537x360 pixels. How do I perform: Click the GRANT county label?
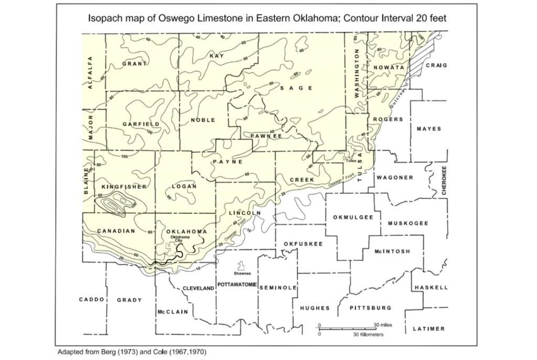coord(134,63)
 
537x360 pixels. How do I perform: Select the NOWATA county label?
coord(388,68)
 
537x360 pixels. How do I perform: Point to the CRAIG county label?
coord(436,66)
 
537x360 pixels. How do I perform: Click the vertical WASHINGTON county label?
coord(357,73)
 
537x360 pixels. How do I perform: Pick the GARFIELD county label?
coord(141,124)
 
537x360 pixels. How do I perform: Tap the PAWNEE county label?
coord(266,136)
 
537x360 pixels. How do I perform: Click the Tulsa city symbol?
coord(346,156)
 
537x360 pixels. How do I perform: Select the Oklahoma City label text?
coord(181,239)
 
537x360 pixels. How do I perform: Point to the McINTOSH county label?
coord(392,251)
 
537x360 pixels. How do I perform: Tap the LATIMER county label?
coord(428,329)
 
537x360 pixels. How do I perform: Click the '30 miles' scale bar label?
coord(383,325)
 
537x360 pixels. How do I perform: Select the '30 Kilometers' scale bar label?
coord(369,334)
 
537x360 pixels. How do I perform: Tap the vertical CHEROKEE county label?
coord(444,181)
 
